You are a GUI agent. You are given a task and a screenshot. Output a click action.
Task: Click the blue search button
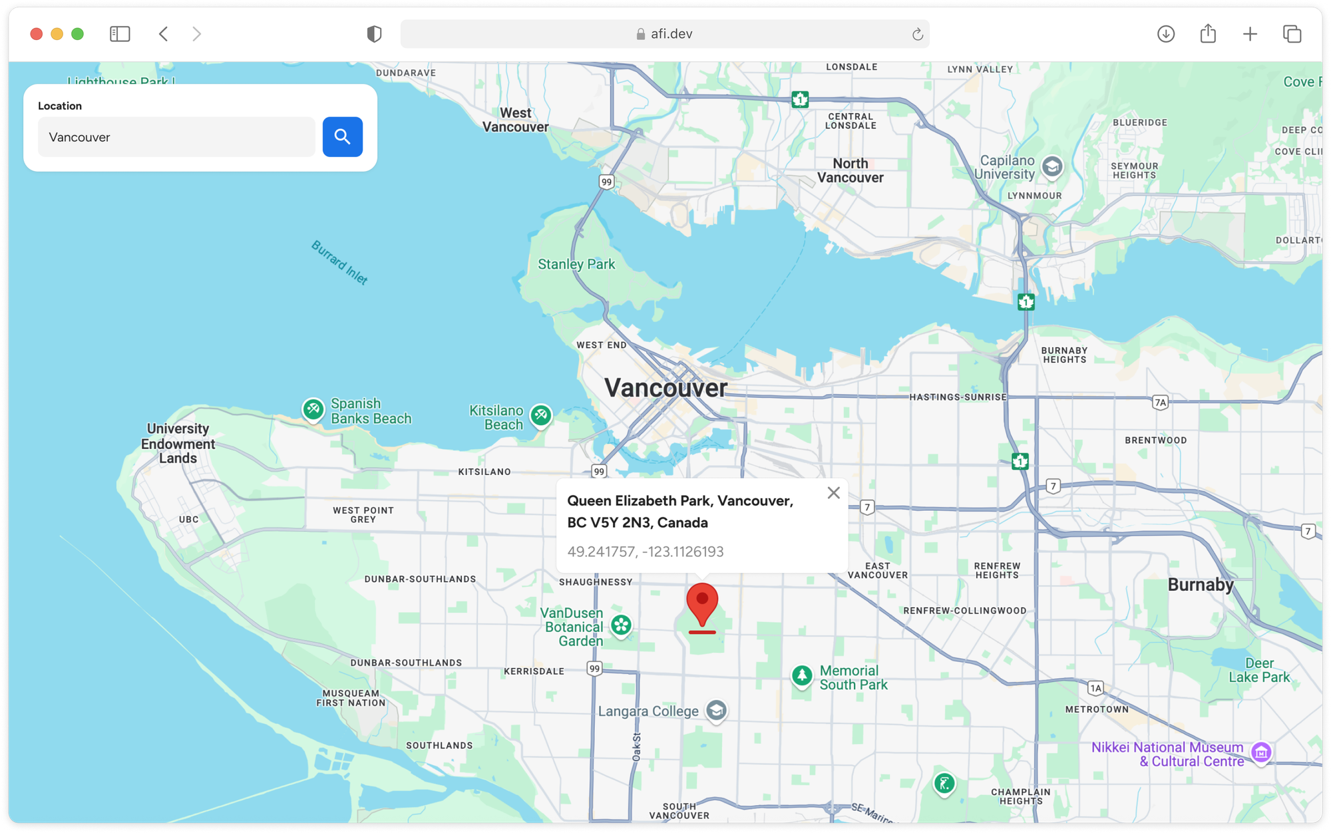(342, 137)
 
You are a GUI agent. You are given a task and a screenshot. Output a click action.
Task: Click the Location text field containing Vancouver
(176, 137)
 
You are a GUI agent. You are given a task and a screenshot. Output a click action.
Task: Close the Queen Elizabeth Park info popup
(833, 493)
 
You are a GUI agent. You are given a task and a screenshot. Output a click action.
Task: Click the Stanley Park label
(576, 264)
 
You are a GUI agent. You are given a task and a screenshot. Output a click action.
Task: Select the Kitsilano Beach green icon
(541, 416)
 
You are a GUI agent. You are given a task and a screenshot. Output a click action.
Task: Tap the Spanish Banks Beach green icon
(313, 409)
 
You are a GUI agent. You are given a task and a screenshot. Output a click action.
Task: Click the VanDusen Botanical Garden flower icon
(621, 625)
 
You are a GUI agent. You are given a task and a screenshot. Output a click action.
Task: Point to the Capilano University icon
(1052, 166)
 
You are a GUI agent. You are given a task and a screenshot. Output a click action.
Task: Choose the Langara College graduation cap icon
(716, 711)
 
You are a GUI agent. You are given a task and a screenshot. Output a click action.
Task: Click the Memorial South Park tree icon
(802, 676)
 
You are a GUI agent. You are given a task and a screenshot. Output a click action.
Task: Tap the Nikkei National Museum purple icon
(1261, 752)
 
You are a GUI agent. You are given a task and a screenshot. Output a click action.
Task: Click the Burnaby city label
(1201, 585)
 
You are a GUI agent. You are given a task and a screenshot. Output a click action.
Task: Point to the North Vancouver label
(850, 170)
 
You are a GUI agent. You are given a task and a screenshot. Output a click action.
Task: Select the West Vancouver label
(516, 120)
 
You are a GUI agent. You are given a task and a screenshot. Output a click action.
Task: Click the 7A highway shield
(1161, 403)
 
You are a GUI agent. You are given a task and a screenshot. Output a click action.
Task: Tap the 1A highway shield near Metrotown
(1095, 688)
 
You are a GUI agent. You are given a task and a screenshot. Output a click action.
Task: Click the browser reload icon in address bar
(917, 34)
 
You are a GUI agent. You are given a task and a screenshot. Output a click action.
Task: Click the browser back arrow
(164, 34)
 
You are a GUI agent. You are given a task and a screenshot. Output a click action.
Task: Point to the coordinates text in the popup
(645, 552)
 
